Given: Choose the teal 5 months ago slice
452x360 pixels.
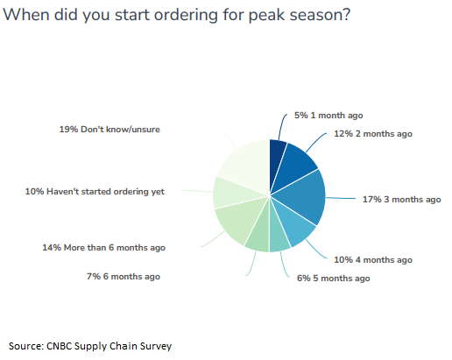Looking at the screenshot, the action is [278, 234].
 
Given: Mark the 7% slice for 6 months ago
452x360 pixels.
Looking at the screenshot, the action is [259, 234].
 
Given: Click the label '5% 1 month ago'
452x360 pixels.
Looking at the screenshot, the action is [328, 116].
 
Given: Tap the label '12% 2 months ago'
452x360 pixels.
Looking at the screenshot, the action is [373, 134].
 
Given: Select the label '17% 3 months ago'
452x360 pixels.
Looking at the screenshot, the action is [401, 200].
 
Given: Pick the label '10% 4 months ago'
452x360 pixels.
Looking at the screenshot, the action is [373, 259].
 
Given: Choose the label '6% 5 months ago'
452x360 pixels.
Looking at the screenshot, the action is [333, 278].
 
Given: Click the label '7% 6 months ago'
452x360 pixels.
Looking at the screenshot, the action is [124, 276].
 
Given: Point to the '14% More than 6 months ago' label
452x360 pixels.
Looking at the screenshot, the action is [103, 248].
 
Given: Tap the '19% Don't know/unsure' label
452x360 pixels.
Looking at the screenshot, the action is [109, 130].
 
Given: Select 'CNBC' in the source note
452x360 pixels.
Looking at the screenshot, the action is [60, 346].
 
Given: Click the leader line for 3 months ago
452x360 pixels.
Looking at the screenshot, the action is [341, 198].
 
